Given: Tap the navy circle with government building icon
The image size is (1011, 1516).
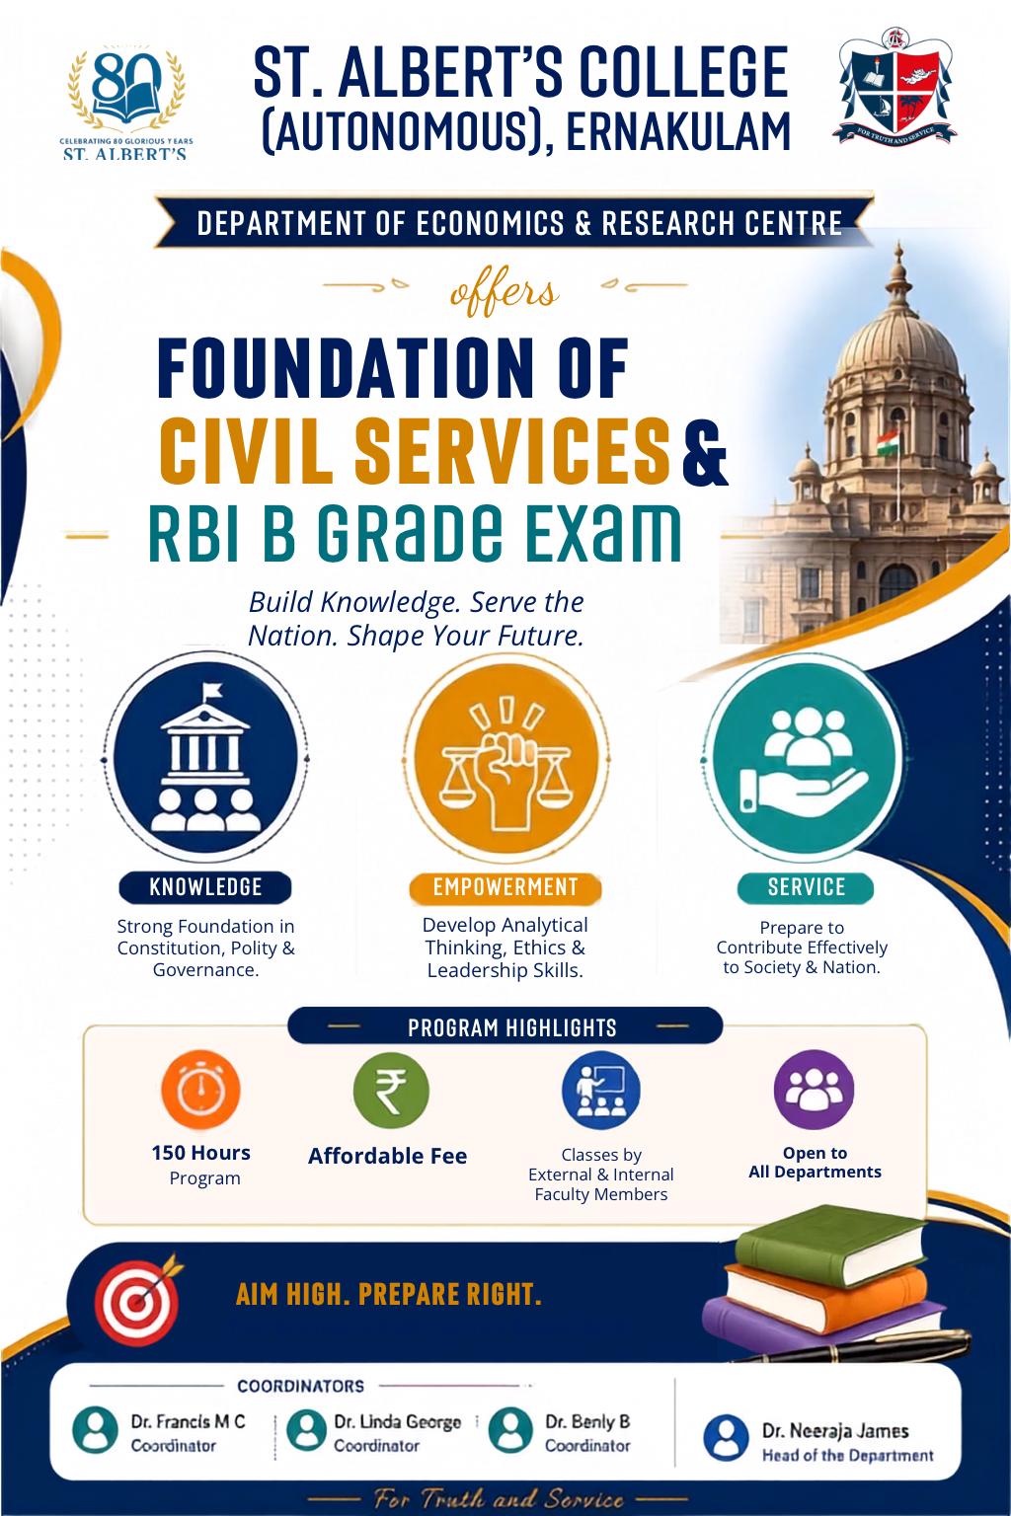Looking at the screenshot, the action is pos(205,757).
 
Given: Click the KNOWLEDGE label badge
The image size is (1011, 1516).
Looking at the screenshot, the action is pos(205,887).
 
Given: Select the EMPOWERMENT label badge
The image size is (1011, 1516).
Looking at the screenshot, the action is pos(505,887).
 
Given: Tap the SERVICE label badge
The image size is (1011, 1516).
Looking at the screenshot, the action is pos(806,887).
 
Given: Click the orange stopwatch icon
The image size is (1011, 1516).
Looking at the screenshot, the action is pos(200,1090).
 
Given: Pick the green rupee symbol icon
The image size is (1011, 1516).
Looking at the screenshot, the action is pos(391,1091).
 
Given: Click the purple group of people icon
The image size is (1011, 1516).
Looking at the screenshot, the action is pos(814,1090).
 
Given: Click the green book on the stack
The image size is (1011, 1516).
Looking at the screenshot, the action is pos(829,1247).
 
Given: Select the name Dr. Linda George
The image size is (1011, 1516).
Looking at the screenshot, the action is pos(398,1422).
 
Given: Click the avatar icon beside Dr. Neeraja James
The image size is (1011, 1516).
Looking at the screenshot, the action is pos(726,1438).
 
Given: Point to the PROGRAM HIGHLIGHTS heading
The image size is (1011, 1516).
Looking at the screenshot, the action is pos(512,1028).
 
